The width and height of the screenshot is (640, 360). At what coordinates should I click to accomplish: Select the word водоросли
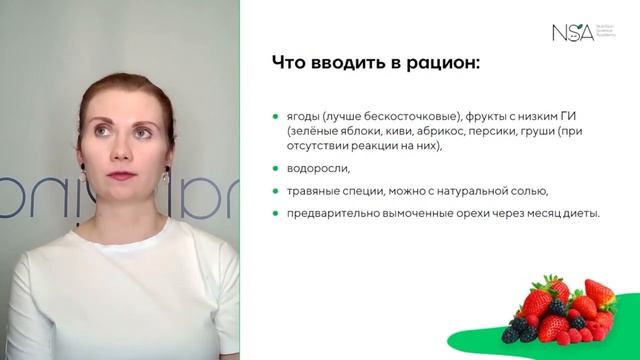click(x=317, y=168)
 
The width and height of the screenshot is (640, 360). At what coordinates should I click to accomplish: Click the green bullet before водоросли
click(x=275, y=168)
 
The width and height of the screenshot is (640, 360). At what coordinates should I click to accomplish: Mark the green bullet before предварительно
click(x=275, y=212)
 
